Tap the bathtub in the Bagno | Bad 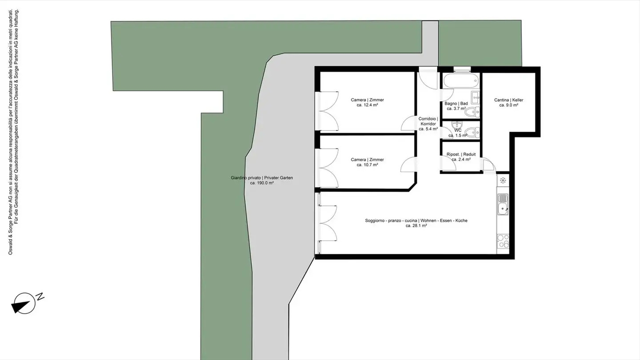461,82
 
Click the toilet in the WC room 472,132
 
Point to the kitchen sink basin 503,208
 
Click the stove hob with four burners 503,240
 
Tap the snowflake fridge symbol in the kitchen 503,180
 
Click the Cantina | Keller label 508,100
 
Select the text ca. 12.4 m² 367,105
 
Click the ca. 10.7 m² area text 367,165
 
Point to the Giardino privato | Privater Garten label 262,178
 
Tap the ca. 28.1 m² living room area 416,226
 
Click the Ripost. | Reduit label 461,154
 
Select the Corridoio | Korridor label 428,121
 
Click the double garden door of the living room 328,222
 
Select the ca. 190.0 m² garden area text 262,183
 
